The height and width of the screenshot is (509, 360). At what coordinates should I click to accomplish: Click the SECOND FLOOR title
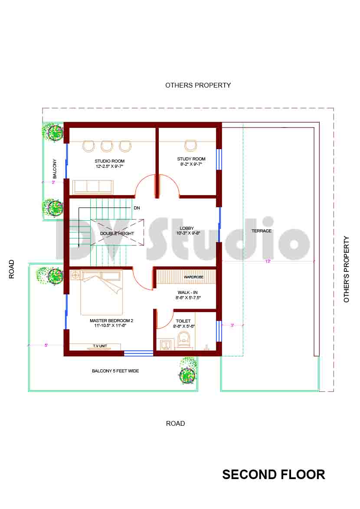click(x=273, y=474)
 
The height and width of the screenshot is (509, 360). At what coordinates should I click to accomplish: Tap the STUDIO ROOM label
click(x=110, y=161)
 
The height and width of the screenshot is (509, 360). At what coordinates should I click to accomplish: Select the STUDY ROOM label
click(x=191, y=159)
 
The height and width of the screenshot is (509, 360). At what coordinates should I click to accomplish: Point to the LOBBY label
click(x=187, y=228)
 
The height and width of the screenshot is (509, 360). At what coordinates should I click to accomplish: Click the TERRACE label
click(x=262, y=231)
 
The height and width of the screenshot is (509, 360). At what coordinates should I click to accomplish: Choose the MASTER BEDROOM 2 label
click(x=111, y=321)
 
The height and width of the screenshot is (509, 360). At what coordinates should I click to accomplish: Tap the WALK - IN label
click(x=187, y=293)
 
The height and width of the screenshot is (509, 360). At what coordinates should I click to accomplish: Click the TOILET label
click(x=183, y=321)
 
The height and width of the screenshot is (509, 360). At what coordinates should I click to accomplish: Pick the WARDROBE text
click(x=193, y=277)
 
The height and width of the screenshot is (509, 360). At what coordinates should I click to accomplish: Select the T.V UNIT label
click(x=100, y=346)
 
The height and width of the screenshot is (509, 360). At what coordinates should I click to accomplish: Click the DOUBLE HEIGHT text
click(x=117, y=234)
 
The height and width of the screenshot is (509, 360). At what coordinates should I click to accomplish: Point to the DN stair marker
click(x=137, y=208)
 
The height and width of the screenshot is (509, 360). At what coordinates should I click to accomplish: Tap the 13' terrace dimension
click(x=268, y=261)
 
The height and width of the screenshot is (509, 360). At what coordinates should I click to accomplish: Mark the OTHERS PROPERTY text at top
click(x=198, y=85)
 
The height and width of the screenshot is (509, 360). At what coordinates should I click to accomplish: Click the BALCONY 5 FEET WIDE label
click(x=115, y=371)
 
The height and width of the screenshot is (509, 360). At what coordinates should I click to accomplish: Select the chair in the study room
click(x=190, y=145)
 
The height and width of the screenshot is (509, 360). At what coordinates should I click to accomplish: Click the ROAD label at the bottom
click(x=175, y=424)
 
